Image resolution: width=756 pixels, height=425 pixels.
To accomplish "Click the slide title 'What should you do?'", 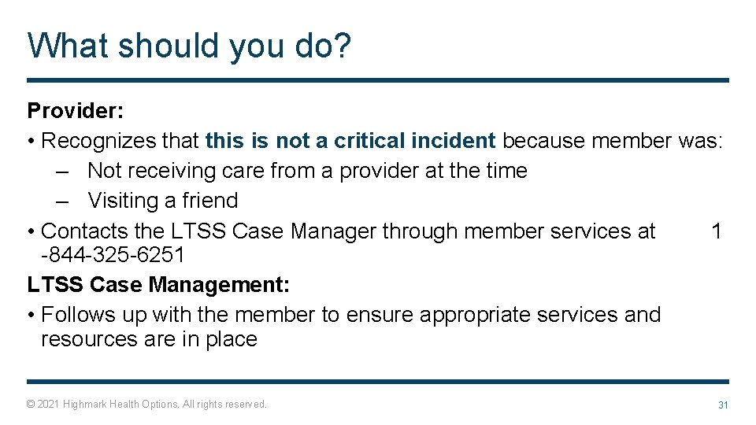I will point(189,46).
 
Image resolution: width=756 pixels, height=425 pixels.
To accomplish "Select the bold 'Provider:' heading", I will point(72,111).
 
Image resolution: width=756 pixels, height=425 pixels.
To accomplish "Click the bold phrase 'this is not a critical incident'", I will point(350,141).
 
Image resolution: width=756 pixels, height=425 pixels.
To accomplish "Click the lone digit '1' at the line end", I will point(716,231).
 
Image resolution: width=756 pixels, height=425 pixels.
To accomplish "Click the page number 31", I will point(722,405).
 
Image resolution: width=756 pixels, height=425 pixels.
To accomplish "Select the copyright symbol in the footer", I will point(31,405).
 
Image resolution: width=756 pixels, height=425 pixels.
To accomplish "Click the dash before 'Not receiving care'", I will point(65,171).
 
